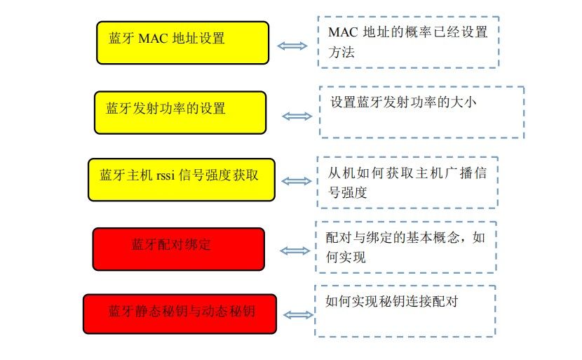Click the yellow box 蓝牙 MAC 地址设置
tap(182, 42)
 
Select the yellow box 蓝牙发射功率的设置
tap(180, 112)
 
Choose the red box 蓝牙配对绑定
tap(178, 248)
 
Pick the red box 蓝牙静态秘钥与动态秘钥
tap(180, 313)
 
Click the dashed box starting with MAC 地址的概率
tap(408, 42)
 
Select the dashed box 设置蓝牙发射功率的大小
tap(421, 112)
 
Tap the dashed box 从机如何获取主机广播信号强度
tap(407, 182)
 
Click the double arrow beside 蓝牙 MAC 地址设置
tap(292, 46)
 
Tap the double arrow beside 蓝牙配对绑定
tap(295, 251)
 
